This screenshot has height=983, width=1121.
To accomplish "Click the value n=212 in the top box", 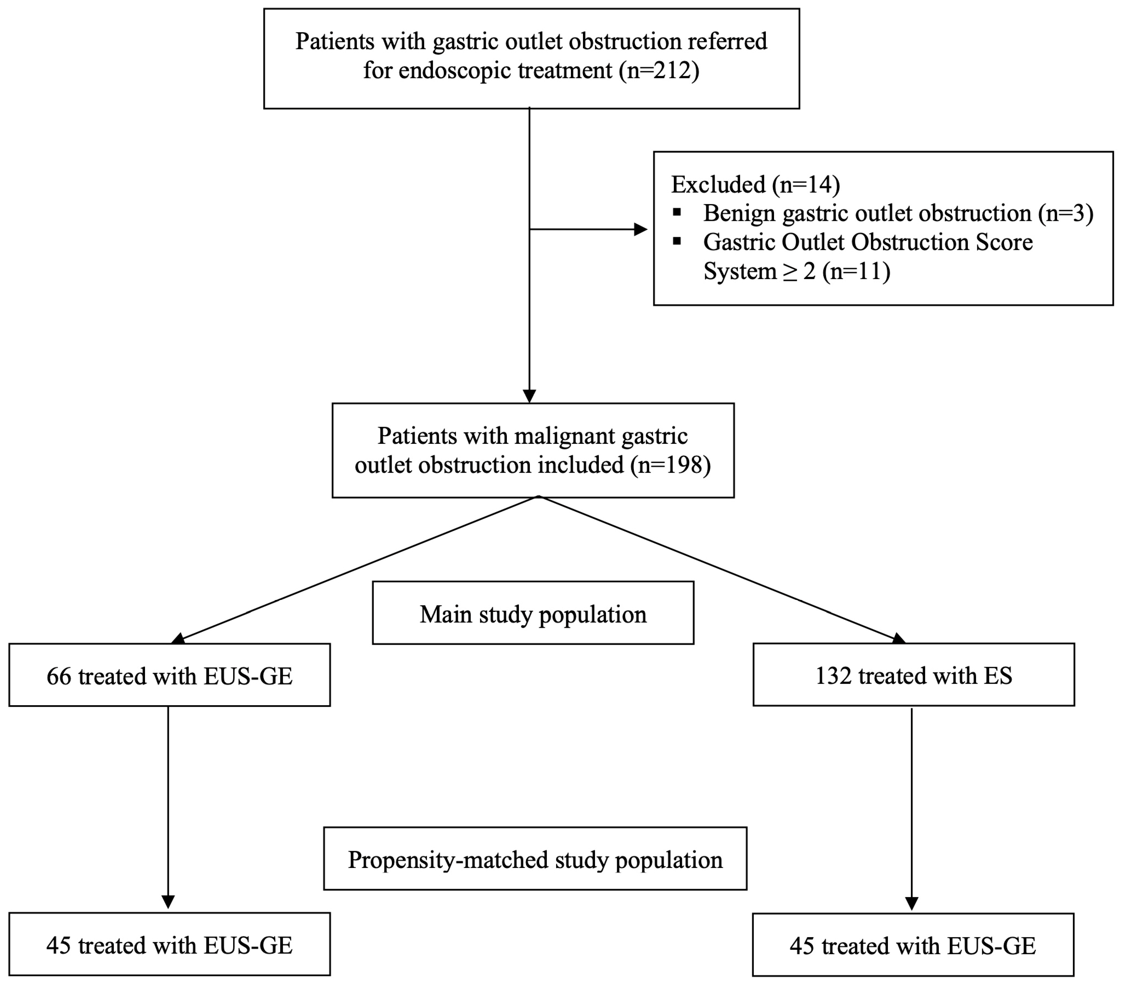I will point(658,71).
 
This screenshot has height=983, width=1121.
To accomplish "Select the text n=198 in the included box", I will point(670,465).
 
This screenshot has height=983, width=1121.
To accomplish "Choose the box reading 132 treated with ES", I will point(913,675).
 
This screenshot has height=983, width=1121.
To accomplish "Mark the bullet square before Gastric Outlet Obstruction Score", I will point(678,241).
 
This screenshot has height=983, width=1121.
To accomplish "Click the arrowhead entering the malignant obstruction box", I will point(529,395).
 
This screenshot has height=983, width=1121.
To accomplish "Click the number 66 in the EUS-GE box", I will point(59,676).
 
